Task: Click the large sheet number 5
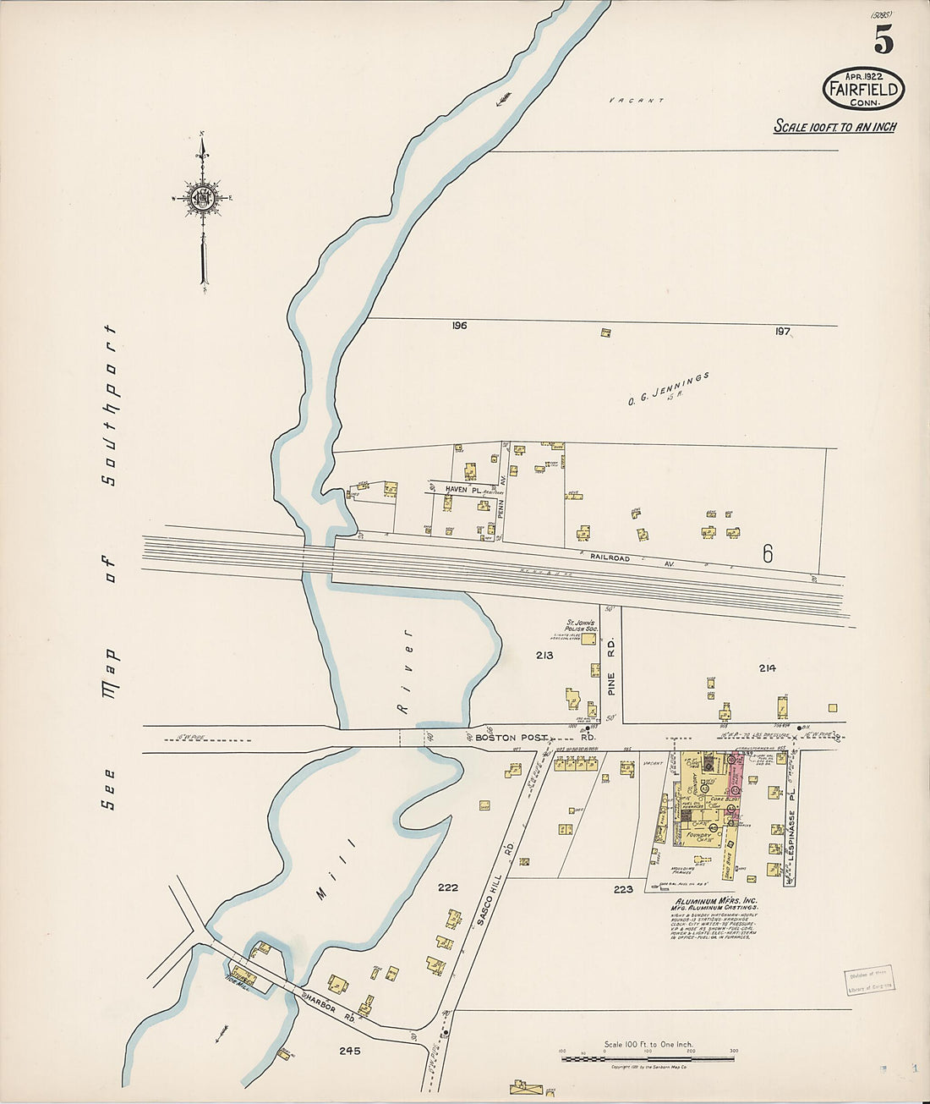coord(883,39)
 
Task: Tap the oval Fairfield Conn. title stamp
coord(863,89)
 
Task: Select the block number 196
coord(459,326)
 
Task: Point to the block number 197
coord(783,331)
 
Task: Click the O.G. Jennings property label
coord(669,388)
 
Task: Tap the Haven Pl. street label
coord(462,490)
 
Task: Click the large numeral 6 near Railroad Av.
coord(768,553)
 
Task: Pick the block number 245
coord(349,1051)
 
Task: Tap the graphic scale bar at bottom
coord(648,1058)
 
